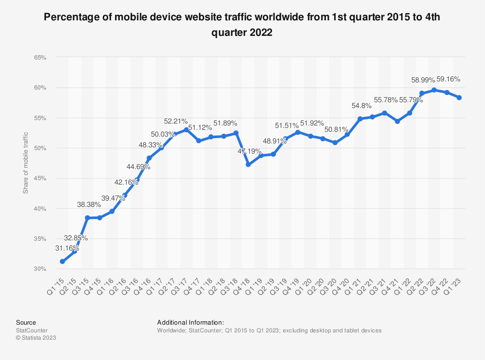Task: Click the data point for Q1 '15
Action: tap(62, 262)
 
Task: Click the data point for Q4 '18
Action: tap(248, 165)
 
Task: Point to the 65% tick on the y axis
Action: tap(40, 58)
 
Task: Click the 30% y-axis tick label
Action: tap(40, 269)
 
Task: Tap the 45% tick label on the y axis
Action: tap(40, 178)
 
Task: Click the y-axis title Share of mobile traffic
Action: tap(26, 163)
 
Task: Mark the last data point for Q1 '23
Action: tap(459, 97)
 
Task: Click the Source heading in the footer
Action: tap(26, 322)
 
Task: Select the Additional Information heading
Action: tap(190, 322)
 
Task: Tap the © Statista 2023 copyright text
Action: tap(36, 338)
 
